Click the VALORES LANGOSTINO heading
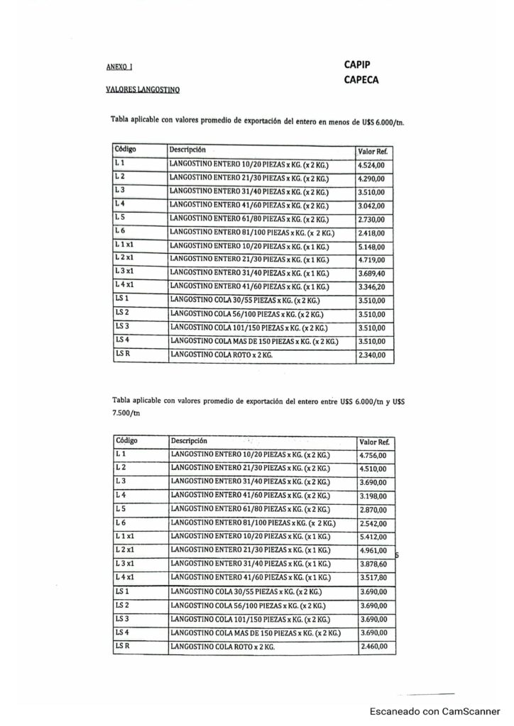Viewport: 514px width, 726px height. point(143,90)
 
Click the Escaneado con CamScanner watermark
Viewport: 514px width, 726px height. point(438,710)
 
